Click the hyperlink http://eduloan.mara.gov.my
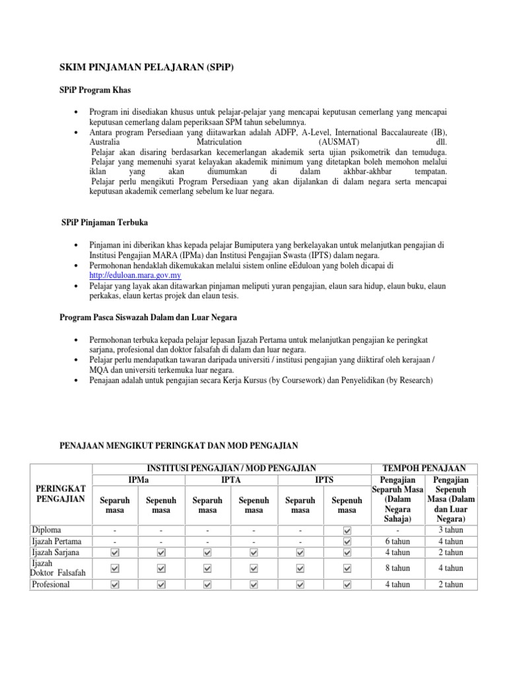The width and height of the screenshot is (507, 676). coord(135,275)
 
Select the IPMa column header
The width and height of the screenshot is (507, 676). coord(138,479)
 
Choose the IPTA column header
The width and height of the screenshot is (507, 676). coord(230,479)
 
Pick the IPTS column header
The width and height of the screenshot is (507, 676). coord(323,479)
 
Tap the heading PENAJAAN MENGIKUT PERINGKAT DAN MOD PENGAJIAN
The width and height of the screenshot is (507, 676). coord(179,447)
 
